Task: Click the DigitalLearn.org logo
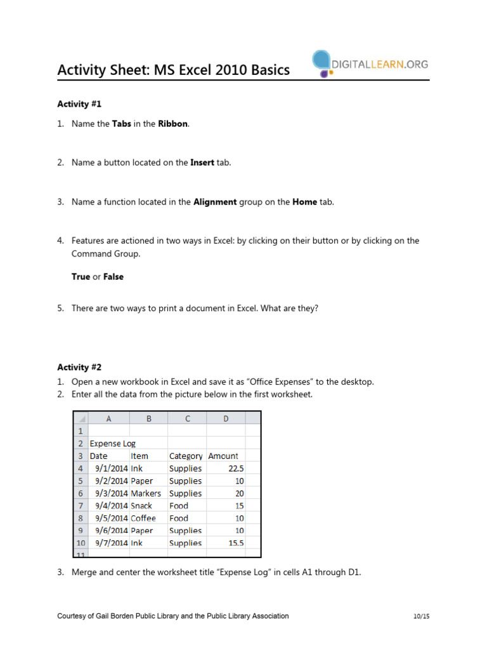click(370, 64)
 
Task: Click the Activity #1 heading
click(79, 103)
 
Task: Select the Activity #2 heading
click(79, 367)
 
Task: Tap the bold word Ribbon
click(172, 124)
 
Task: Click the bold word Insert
click(202, 162)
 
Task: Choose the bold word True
click(81, 277)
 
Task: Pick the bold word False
click(114, 277)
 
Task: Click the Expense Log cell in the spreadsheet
click(113, 443)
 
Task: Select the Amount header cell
click(223, 456)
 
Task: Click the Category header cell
click(186, 456)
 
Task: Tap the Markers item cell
click(146, 493)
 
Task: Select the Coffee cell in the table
click(143, 518)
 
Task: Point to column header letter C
click(187, 418)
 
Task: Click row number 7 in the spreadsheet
click(81, 506)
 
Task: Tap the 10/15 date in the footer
click(420, 616)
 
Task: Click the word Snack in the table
click(142, 506)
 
